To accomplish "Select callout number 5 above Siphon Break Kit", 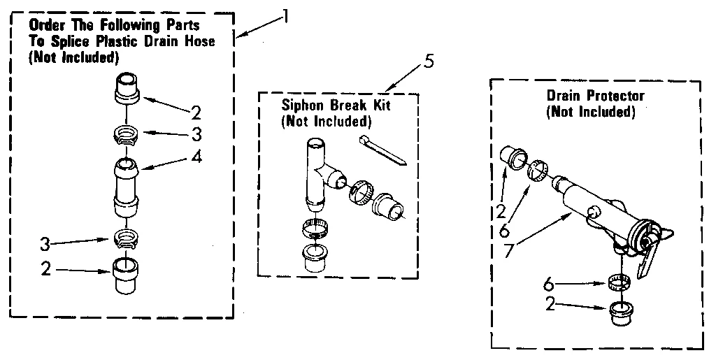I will click(x=428, y=61).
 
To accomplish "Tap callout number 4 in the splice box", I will click(x=197, y=157).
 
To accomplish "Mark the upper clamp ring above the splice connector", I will click(x=127, y=134).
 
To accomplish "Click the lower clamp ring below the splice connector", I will click(x=126, y=238).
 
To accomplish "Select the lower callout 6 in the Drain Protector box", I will click(x=549, y=284).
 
